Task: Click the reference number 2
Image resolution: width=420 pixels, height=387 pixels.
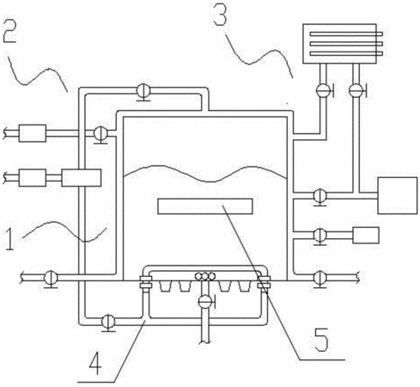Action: tap(9, 32)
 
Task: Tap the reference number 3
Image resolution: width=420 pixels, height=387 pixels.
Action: tap(221, 14)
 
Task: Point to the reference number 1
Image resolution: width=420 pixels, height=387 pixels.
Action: tap(9, 239)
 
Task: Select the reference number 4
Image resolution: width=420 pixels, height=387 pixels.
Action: tap(95, 363)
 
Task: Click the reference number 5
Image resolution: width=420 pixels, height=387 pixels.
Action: tap(321, 340)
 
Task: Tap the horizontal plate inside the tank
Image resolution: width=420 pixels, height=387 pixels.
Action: tap(205, 206)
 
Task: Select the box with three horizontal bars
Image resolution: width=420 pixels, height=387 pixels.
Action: tap(343, 44)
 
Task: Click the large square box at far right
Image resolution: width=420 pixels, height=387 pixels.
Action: tap(398, 195)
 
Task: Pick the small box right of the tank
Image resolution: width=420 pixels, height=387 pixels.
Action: tap(366, 236)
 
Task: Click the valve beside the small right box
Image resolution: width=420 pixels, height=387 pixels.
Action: tap(320, 236)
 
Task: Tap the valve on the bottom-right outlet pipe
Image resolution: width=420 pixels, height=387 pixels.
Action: tap(320, 279)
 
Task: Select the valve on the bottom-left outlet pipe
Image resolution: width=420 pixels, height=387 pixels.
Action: tap(51, 279)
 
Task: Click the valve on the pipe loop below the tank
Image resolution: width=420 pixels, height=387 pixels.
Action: tap(108, 322)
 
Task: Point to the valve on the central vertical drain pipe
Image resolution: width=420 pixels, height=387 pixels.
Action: tap(205, 302)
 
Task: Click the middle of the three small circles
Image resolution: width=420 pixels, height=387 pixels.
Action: tap(205, 276)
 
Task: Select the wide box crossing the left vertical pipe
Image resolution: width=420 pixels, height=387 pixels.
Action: tap(82, 178)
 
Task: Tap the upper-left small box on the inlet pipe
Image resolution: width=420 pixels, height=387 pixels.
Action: tap(33, 133)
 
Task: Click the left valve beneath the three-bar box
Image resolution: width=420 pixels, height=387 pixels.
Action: tap(324, 90)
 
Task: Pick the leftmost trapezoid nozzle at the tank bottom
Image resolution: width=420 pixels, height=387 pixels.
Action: tap(165, 286)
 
